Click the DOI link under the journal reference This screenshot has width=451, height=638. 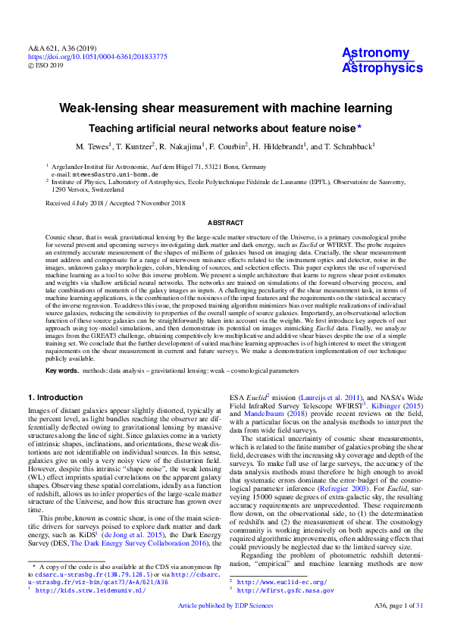click(98, 57)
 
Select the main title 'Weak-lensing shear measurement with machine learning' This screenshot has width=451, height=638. click(225, 109)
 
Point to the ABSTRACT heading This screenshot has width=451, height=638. click(225, 223)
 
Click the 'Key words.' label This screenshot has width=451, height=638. click(62, 370)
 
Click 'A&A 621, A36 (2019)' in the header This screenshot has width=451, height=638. click(59, 48)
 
